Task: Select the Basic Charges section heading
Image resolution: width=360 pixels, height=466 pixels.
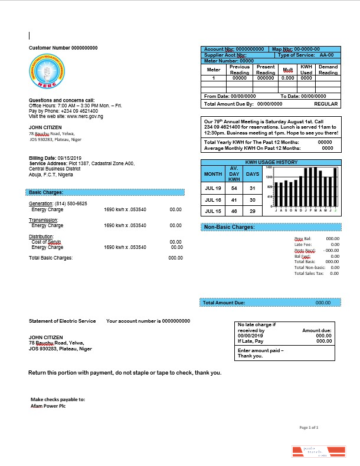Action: click(46, 192)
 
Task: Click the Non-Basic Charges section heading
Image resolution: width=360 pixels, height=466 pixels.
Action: click(230, 227)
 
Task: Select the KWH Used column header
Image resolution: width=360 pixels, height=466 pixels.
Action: click(306, 70)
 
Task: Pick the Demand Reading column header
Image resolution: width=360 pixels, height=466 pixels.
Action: click(328, 70)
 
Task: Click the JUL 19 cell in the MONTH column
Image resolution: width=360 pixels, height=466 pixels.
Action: click(212, 188)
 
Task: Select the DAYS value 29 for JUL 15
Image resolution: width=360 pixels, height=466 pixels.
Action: click(252, 211)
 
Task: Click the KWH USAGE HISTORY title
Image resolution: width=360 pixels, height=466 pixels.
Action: click(271, 162)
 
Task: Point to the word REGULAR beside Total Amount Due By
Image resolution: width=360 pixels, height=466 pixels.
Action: click(326, 104)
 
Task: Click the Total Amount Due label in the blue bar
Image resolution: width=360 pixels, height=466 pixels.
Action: click(224, 303)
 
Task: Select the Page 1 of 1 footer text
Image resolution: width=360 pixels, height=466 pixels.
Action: click(309, 427)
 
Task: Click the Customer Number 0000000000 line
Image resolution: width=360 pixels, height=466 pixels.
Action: click(63, 48)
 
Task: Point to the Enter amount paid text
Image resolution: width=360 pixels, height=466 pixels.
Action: click(260, 350)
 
